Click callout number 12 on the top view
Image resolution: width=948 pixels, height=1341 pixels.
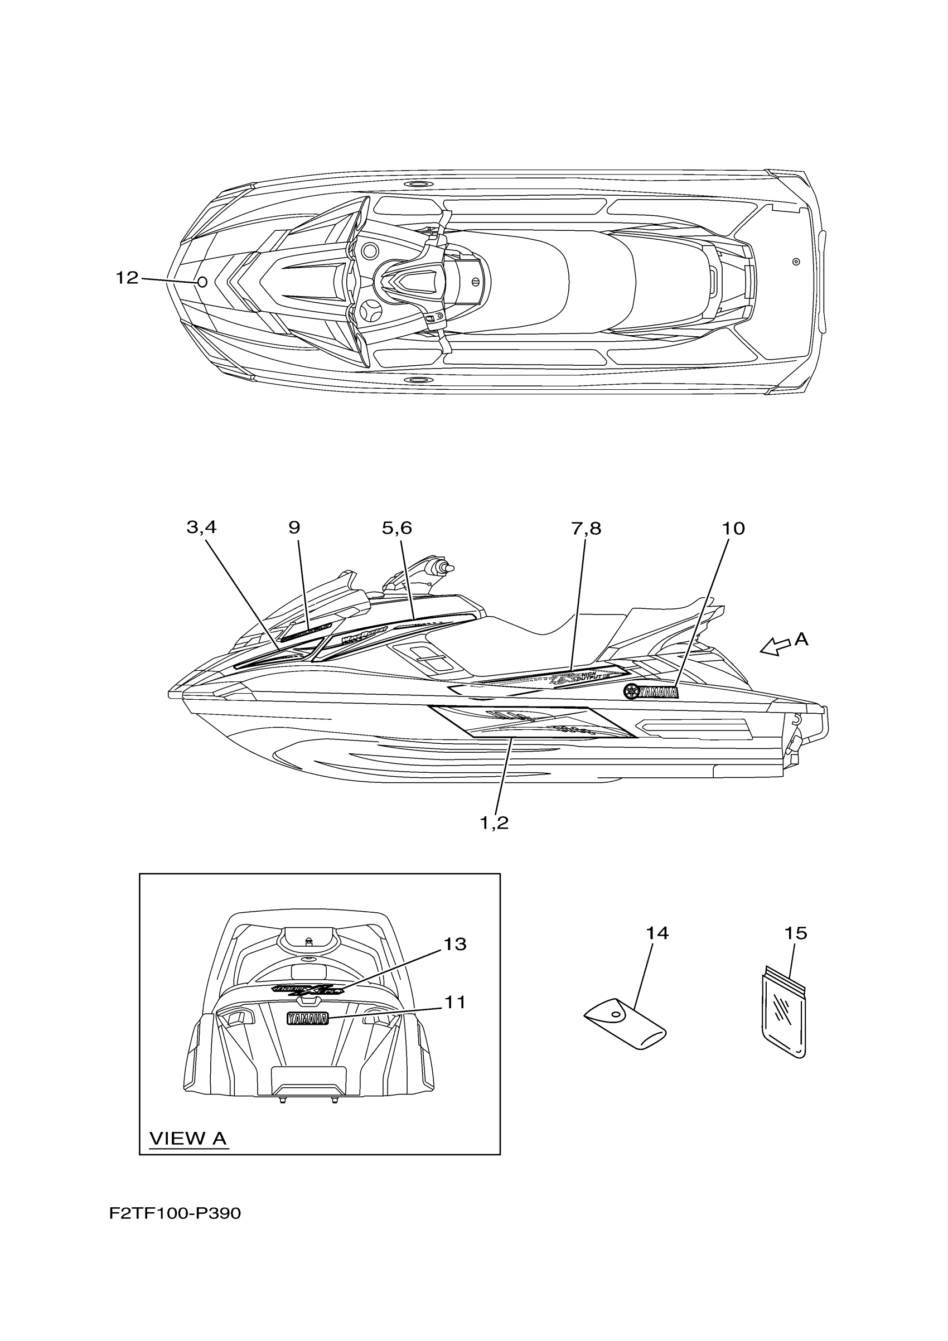pyautogui.click(x=127, y=278)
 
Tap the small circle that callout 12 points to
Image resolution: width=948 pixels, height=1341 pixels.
pyautogui.click(x=202, y=282)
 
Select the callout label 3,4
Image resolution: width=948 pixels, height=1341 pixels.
pyautogui.click(x=201, y=527)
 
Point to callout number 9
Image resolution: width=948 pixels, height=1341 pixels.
pyautogui.click(x=294, y=527)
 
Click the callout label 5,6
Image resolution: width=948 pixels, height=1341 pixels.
pyautogui.click(x=397, y=528)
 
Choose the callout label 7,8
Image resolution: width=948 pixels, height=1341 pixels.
pyautogui.click(x=586, y=529)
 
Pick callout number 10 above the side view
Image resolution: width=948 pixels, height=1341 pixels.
pyautogui.click(x=733, y=529)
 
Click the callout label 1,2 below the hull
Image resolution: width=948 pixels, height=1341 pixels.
pyautogui.click(x=494, y=823)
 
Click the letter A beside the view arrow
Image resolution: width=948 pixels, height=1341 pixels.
pyautogui.click(x=801, y=640)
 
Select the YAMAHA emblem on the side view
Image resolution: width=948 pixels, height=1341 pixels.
pyautogui.click(x=651, y=692)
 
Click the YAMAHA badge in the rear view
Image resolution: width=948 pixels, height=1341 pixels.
pyautogui.click(x=307, y=1019)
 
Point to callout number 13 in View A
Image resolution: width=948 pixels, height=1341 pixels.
pyautogui.click(x=455, y=945)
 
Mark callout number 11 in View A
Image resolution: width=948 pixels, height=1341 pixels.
pyautogui.click(x=455, y=1002)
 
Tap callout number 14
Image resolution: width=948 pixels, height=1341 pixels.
pyautogui.click(x=656, y=933)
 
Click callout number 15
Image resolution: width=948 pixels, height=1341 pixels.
pyautogui.click(x=795, y=933)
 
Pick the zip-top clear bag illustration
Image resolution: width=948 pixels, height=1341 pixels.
pyautogui.click(x=784, y=1017)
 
